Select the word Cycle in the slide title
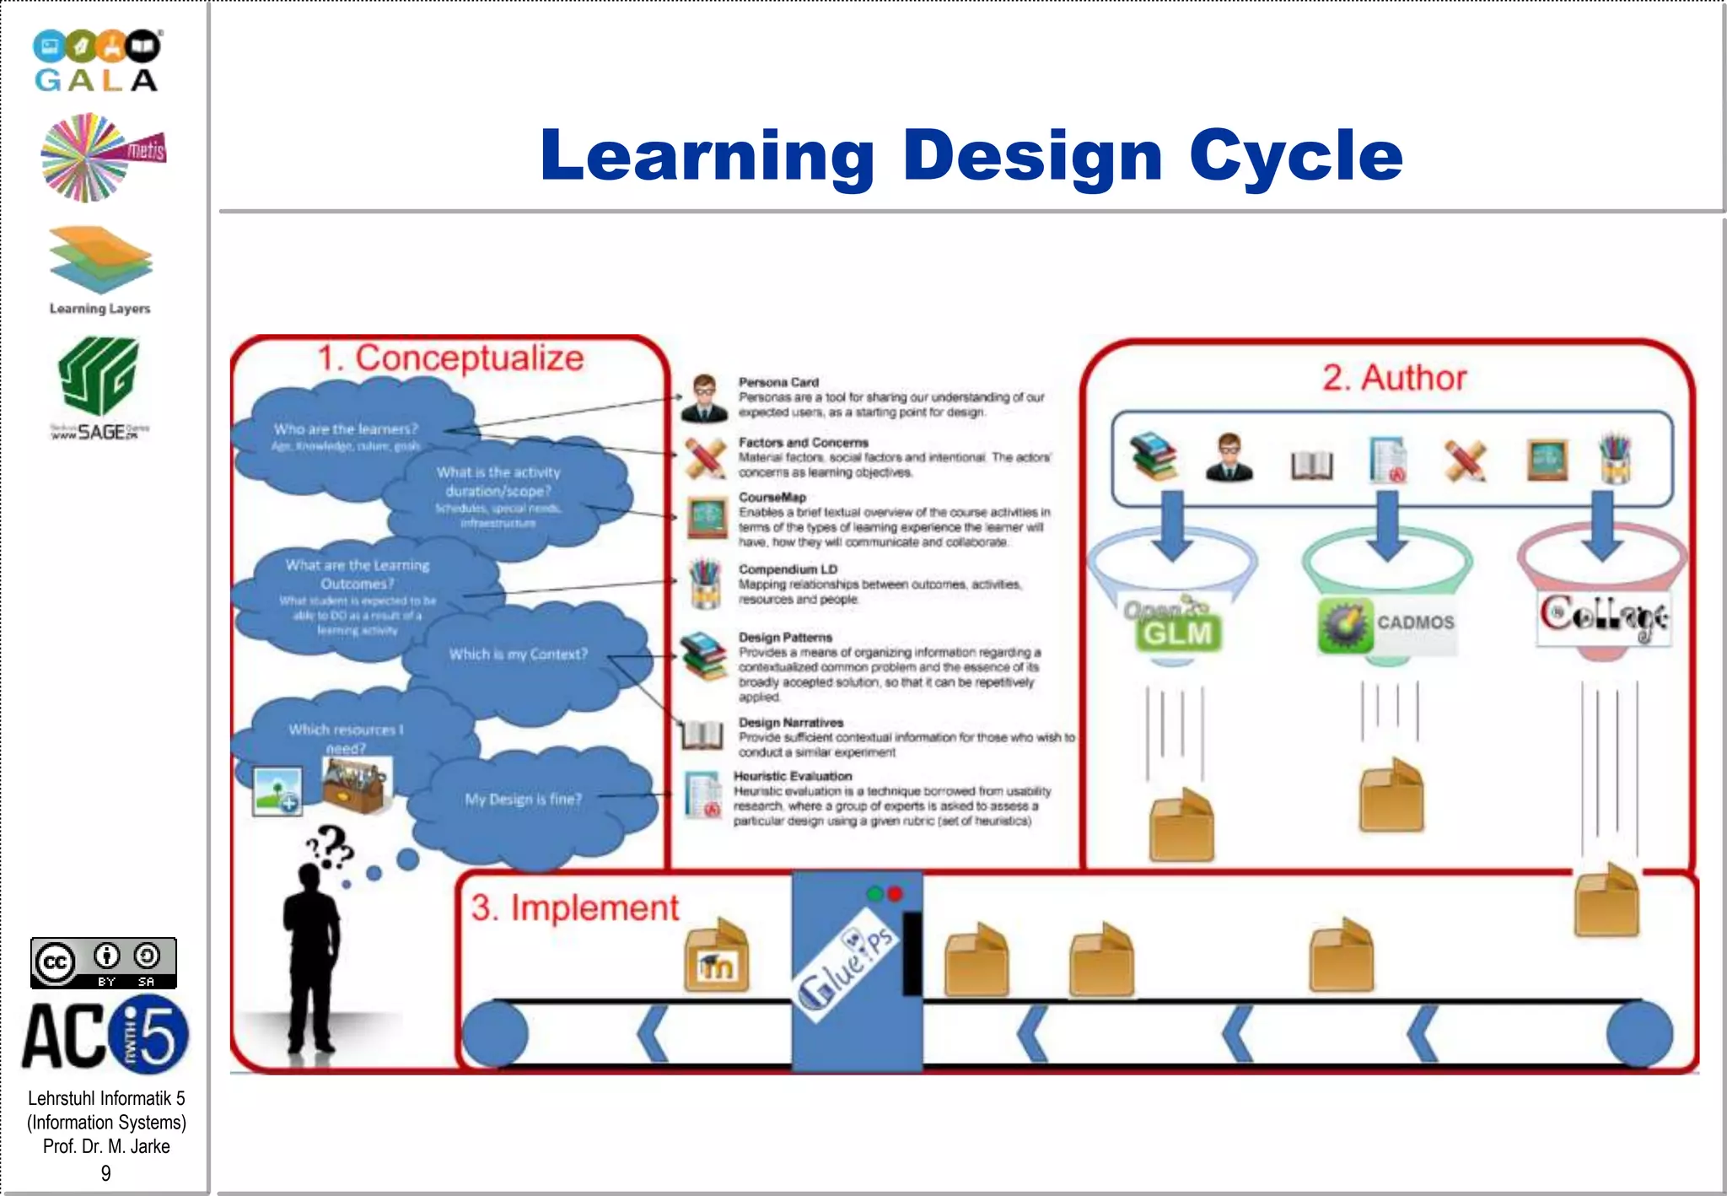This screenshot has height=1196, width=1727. click(1296, 156)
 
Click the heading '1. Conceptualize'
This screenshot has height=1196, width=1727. click(450, 358)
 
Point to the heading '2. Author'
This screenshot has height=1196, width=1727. click(1394, 378)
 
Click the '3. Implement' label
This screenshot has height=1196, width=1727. click(574, 908)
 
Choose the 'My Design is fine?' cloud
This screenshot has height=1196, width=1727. click(524, 800)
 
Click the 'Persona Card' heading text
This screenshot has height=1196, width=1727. click(778, 382)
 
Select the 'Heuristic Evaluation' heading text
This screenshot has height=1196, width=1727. click(793, 776)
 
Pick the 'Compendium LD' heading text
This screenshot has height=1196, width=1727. click(788, 569)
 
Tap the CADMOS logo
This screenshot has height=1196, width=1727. click(1387, 624)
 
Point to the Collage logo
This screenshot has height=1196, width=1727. click(1603, 617)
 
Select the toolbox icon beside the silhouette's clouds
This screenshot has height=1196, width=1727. click(356, 784)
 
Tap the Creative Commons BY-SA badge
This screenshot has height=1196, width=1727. click(104, 962)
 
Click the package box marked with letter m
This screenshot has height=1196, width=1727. click(716, 956)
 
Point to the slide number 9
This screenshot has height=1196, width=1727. click(105, 1173)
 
